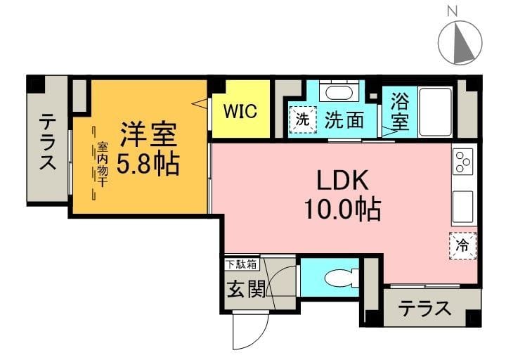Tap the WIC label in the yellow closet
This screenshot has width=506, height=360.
click(x=240, y=111)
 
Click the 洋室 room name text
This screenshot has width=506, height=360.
click(x=147, y=133)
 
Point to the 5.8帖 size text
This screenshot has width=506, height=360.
click(x=147, y=165)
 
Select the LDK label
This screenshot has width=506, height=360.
click(x=342, y=181)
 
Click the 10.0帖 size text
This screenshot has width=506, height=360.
click(x=342, y=209)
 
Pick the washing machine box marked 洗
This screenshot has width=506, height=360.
click(x=303, y=119)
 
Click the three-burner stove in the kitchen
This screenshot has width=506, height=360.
click(x=463, y=162)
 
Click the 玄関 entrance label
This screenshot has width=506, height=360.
click(x=245, y=290)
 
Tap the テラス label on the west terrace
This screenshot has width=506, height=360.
click(x=47, y=142)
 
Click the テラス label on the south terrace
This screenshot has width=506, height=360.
click(x=424, y=309)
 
